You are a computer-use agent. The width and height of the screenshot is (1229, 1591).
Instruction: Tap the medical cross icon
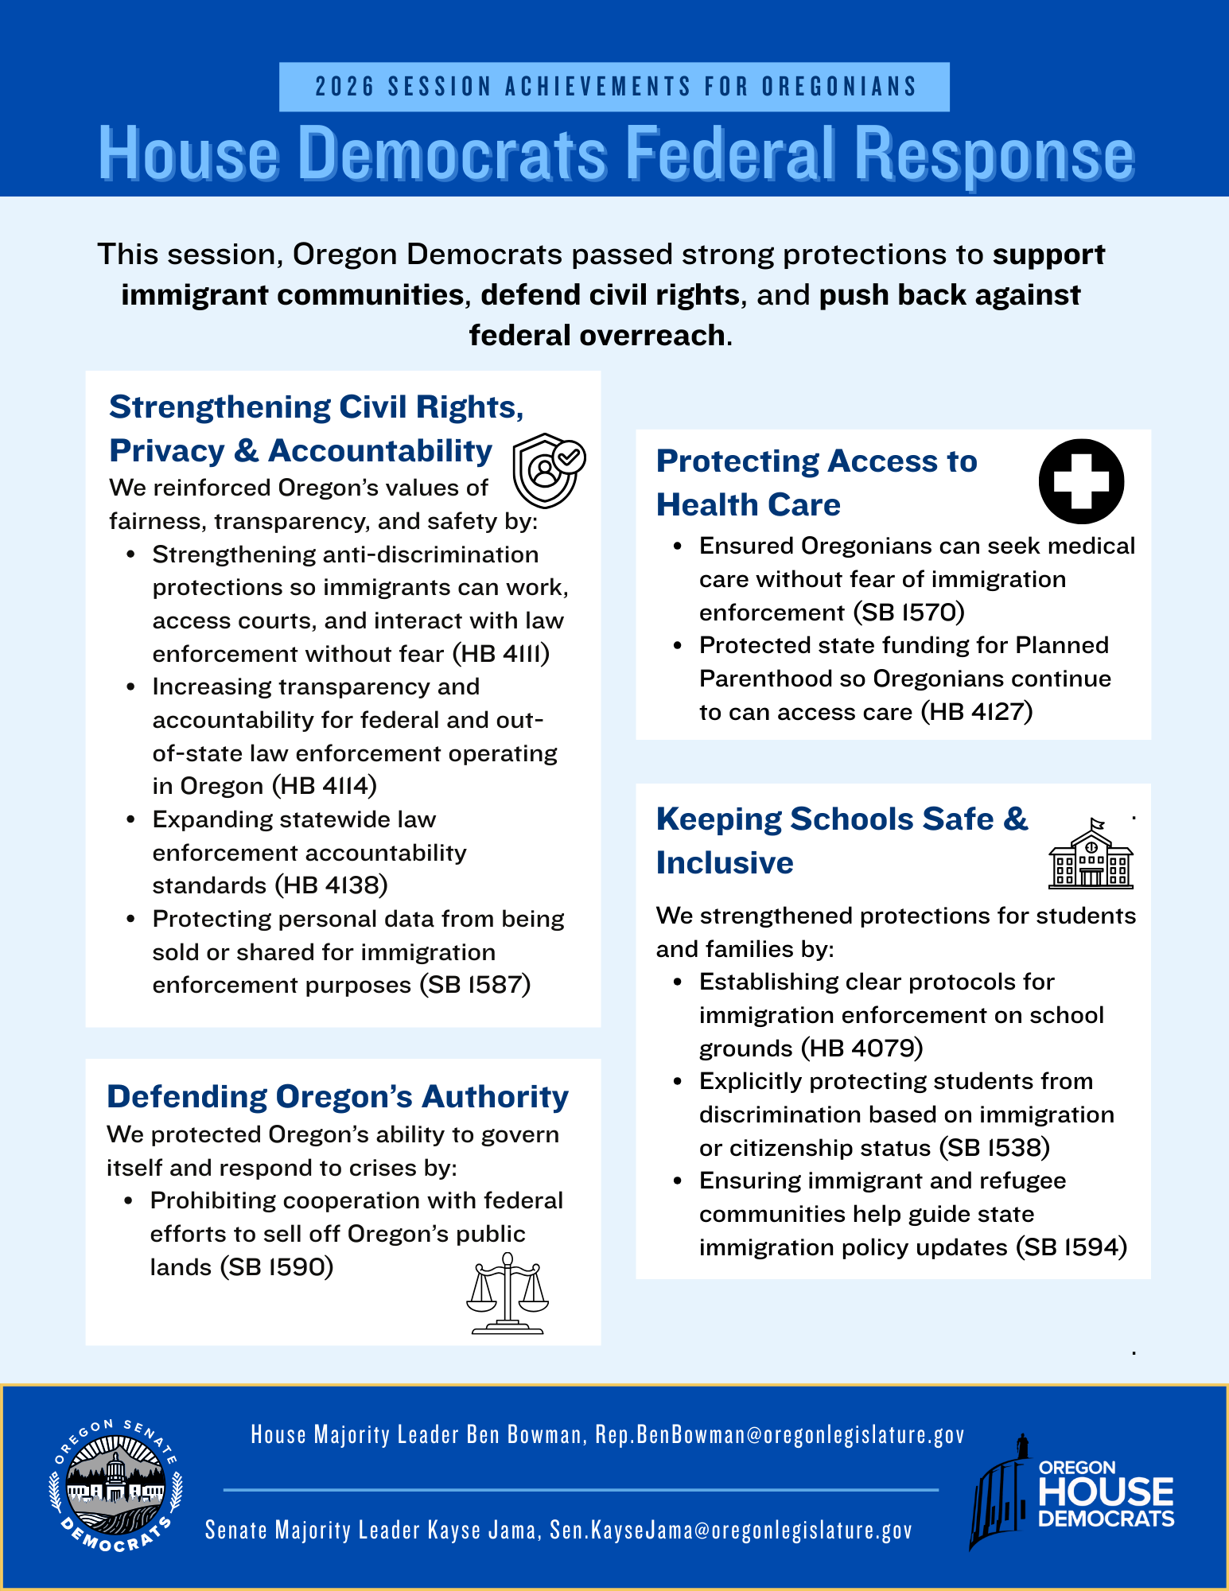(x=1081, y=481)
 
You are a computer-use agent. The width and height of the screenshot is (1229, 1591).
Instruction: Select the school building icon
(x=1091, y=854)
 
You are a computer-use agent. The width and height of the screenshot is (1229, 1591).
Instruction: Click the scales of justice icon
(x=508, y=1293)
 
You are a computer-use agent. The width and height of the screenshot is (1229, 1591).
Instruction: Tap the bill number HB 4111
(x=501, y=654)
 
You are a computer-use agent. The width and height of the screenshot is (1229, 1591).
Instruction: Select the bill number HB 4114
(x=325, y=786)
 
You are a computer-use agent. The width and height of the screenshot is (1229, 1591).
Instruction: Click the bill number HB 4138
(x=332, y=885)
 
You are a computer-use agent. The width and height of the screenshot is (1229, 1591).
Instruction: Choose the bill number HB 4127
(x=977, y=712)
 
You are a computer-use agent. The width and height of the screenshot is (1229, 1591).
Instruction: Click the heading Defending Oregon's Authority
(x=338, y=1096)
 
